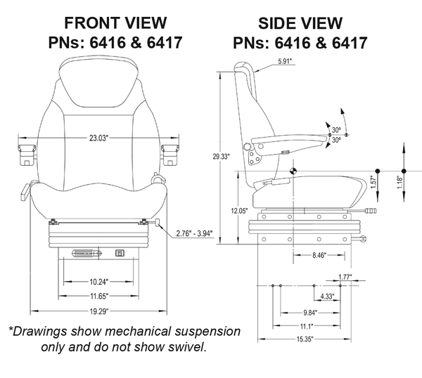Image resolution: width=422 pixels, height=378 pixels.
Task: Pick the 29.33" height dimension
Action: coord(220,157)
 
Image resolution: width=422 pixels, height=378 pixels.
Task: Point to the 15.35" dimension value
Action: coord(305,339)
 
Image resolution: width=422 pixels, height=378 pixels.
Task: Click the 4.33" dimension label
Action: coord(327,296)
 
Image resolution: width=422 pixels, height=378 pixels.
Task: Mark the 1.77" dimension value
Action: coord(344,277)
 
